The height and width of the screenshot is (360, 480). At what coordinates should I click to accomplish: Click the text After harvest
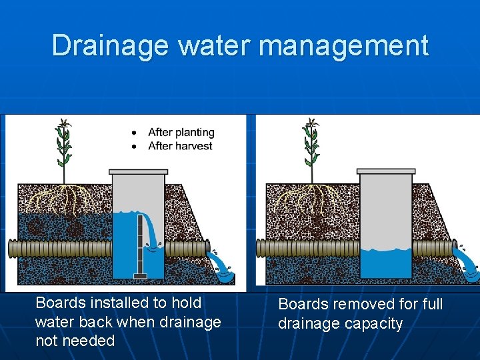tap(180, 146)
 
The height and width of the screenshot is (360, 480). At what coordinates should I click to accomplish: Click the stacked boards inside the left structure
tap(140, 243)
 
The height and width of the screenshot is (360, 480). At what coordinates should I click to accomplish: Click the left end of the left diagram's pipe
tap(11, 249)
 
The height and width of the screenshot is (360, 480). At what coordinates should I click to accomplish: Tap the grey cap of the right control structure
tap(386, 171)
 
